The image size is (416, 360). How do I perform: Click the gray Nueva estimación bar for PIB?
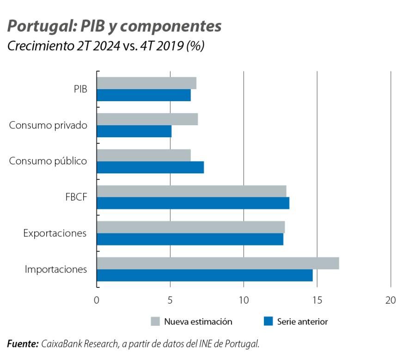147,83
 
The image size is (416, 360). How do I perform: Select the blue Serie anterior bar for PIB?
144,95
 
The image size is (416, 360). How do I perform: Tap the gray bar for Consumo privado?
147,119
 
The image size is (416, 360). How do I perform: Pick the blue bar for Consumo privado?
134,131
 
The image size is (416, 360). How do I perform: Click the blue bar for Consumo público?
150,167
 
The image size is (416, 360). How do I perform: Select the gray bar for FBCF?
191,191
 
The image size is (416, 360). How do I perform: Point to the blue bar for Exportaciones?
190,239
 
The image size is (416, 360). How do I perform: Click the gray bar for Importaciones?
218,263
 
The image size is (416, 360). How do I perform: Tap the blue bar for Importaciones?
205,275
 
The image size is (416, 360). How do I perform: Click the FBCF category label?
76,197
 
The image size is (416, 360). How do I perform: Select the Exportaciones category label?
55,233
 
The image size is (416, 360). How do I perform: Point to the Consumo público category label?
48,161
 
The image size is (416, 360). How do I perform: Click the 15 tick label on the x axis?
317,300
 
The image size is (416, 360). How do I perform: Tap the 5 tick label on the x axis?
170,300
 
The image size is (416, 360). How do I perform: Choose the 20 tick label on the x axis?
391,300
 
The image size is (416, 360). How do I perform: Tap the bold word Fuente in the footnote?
23,344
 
